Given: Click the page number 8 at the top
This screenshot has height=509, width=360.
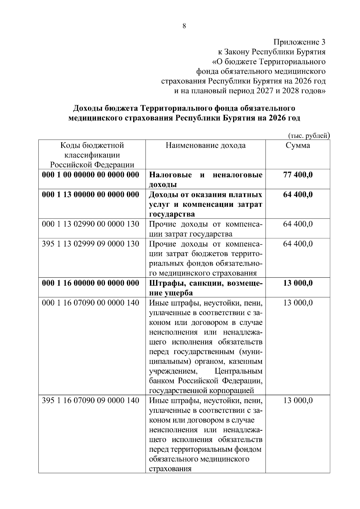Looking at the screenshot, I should pyautogui.click(x=184, y=26).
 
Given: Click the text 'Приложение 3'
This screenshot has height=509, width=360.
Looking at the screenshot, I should pyautogui.click(x=299, y=42).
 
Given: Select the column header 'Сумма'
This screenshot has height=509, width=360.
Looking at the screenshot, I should pyautogui.click(x=298, y=146).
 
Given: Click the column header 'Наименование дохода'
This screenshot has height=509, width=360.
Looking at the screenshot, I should pyautogui.click(x=205, y=146).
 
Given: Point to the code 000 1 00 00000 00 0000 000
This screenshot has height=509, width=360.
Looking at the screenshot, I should pyautogui.click(x=91, y=175).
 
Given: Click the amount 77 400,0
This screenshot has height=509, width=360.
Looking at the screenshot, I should pyautogui.click(x=298, y=175).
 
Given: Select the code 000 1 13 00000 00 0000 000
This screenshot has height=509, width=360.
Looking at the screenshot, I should pyautogui.click(x=91, y=195).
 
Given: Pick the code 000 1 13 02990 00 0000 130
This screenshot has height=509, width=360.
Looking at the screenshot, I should pyautogui.click(x=91, y=224).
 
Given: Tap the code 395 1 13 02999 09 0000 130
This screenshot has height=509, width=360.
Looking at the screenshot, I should pyautogui.click(x=91, y=244).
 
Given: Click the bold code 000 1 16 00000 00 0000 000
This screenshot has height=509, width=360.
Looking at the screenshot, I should pyautogui.click(x=91, y=283).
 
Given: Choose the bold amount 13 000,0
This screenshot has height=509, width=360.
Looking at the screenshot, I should pyautogui.click(x=298, y=283).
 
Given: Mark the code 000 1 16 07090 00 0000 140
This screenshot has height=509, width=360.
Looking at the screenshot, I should pyautogui.click(x=91, y=303).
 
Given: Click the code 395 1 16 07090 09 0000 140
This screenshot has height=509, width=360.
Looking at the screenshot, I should pyautogui.click(x=91, y=400).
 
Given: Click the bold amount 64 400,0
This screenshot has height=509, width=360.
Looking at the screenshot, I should pyautogui.click(x=298, y=195).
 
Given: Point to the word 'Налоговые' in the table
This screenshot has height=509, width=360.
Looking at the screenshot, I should pyautogui.click(x=170, y=175).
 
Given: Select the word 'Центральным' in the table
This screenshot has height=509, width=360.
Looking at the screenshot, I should pyautogui.click(x=238, y=371).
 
